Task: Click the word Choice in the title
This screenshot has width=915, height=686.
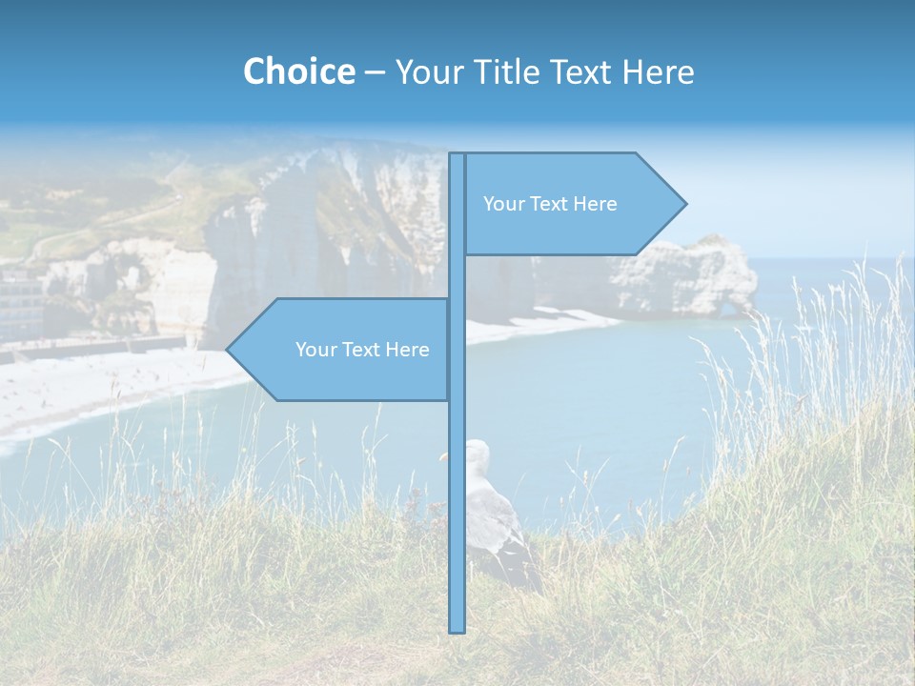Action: pos(298,71)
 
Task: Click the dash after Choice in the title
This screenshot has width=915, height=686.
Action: pos(375,72)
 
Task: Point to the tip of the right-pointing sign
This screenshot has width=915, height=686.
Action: pos(684,203)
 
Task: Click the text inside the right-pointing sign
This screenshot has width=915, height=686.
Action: pos(550,204)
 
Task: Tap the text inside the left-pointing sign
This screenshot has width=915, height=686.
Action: pos(362,350)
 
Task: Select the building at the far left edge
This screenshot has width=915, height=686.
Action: pos(19,305)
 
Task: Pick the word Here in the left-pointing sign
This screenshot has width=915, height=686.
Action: pos(407,350)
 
